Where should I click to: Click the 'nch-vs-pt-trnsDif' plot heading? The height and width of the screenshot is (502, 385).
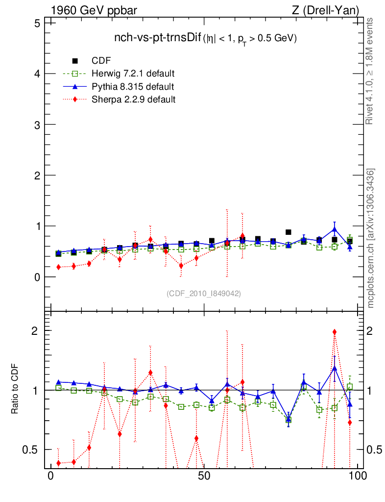pos(157,38)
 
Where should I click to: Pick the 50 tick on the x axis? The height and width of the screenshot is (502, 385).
pos(204,476)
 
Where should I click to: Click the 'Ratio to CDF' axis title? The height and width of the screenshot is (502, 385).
pos(15,390)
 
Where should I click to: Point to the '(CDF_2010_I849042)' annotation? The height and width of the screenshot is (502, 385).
pos(204,293)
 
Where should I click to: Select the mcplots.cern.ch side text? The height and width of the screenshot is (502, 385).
pos(371,238)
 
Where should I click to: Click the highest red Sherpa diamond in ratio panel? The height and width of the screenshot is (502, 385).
pos(335,332)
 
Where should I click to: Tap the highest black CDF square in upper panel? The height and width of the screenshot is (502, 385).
pos(289,232)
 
